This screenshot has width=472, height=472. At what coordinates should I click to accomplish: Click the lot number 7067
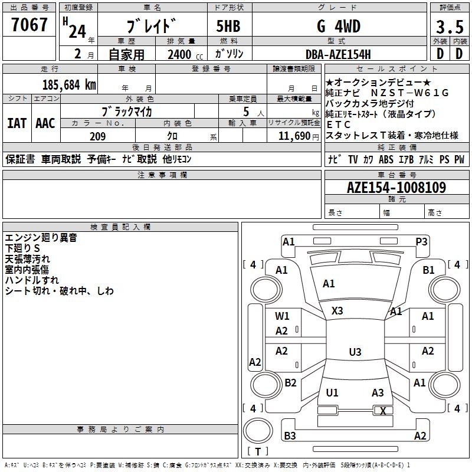click(29, 27)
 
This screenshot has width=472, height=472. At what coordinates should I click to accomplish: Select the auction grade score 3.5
click(449, 27)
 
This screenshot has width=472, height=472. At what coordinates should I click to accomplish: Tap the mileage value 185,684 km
click(70, 84)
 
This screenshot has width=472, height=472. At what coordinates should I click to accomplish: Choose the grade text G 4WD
click(338, 27)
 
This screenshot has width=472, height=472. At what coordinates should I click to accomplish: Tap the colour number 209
click(97, 136)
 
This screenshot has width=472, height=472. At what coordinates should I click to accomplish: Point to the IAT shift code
click(16, 123)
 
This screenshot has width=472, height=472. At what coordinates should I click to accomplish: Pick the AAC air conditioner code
click(45, 123)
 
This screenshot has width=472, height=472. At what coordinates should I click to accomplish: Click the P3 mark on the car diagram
click(421, 242)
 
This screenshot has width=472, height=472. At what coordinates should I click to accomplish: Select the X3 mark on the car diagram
click(337, 310)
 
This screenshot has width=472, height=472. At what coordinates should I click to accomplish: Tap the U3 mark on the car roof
click(355, 352)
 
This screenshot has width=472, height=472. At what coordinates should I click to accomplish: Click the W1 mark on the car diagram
click(282, 316)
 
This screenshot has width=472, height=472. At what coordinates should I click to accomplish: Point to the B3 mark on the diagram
click(290, 436)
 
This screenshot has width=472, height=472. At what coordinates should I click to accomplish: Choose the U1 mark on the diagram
click(332, 393)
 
